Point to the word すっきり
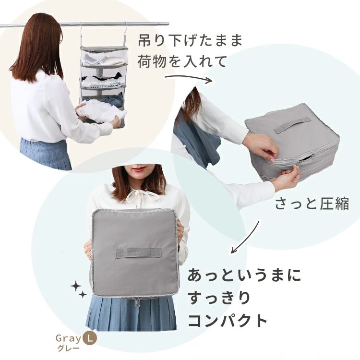tap(219, 298)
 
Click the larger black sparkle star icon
tap(76, 287)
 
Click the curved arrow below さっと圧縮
tap(245, 238)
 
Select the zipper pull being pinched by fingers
tap(298, 166)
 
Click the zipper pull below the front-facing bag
tap(137, 301)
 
